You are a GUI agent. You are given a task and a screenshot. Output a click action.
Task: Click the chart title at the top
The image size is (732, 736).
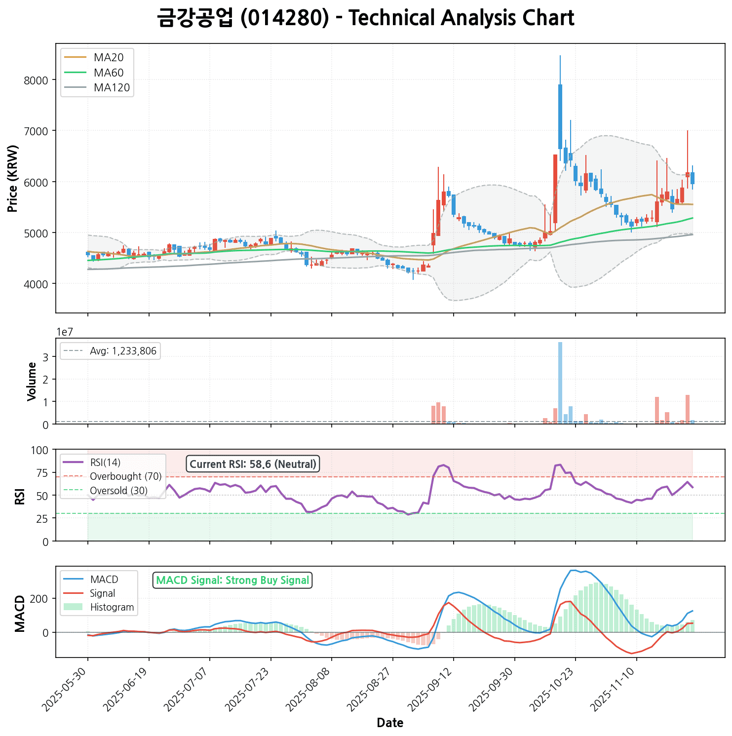(365, 19)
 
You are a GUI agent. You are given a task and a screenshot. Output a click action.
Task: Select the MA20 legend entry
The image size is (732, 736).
(109, 58)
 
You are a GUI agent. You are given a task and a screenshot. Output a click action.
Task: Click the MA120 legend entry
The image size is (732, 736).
(112, 88)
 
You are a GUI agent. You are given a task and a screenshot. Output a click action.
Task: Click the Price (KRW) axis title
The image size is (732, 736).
(13, 178)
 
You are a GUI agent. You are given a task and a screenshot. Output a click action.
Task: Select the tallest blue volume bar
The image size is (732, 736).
(560, 383)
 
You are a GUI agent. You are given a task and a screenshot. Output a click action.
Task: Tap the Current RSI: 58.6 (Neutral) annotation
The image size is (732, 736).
(253, 464)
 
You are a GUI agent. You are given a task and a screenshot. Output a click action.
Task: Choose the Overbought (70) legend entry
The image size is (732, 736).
(125, 476)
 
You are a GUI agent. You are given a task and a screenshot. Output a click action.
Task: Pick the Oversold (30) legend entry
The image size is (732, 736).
(118, 491)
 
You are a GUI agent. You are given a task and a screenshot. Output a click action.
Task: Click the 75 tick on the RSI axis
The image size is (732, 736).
(43, 473)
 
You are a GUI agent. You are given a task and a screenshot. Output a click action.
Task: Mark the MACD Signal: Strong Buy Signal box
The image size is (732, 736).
(232, 580)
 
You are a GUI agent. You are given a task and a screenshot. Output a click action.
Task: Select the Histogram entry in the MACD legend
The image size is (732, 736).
(112, 607)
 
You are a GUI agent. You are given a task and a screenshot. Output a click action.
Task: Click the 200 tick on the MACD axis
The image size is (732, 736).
(41, 599)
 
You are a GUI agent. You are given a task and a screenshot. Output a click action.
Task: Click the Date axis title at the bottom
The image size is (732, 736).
(390, 723)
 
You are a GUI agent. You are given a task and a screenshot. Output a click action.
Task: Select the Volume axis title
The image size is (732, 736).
(32, 382)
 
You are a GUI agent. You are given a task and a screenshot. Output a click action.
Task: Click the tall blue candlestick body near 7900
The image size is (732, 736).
(560, 116)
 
